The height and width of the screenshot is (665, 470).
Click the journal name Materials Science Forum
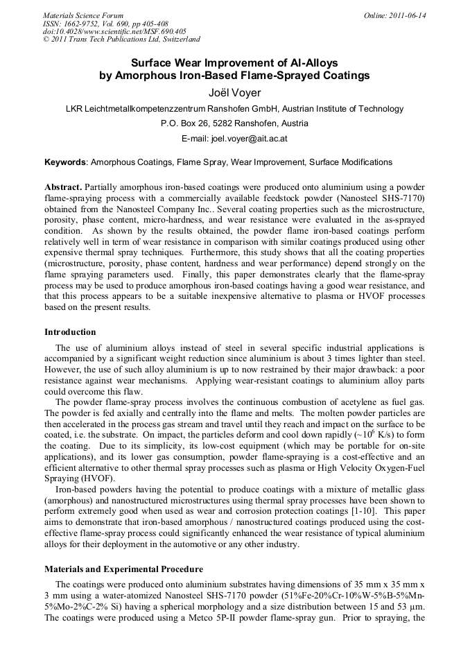click(83, 15)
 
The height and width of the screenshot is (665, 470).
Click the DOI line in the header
click(114, 31)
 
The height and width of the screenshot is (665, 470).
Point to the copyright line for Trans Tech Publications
click(121, 40)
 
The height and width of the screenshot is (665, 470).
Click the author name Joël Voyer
click(234, 92)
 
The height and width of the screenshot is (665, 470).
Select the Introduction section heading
click(70, 332)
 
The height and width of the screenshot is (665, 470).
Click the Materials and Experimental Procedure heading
click(123, 569)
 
